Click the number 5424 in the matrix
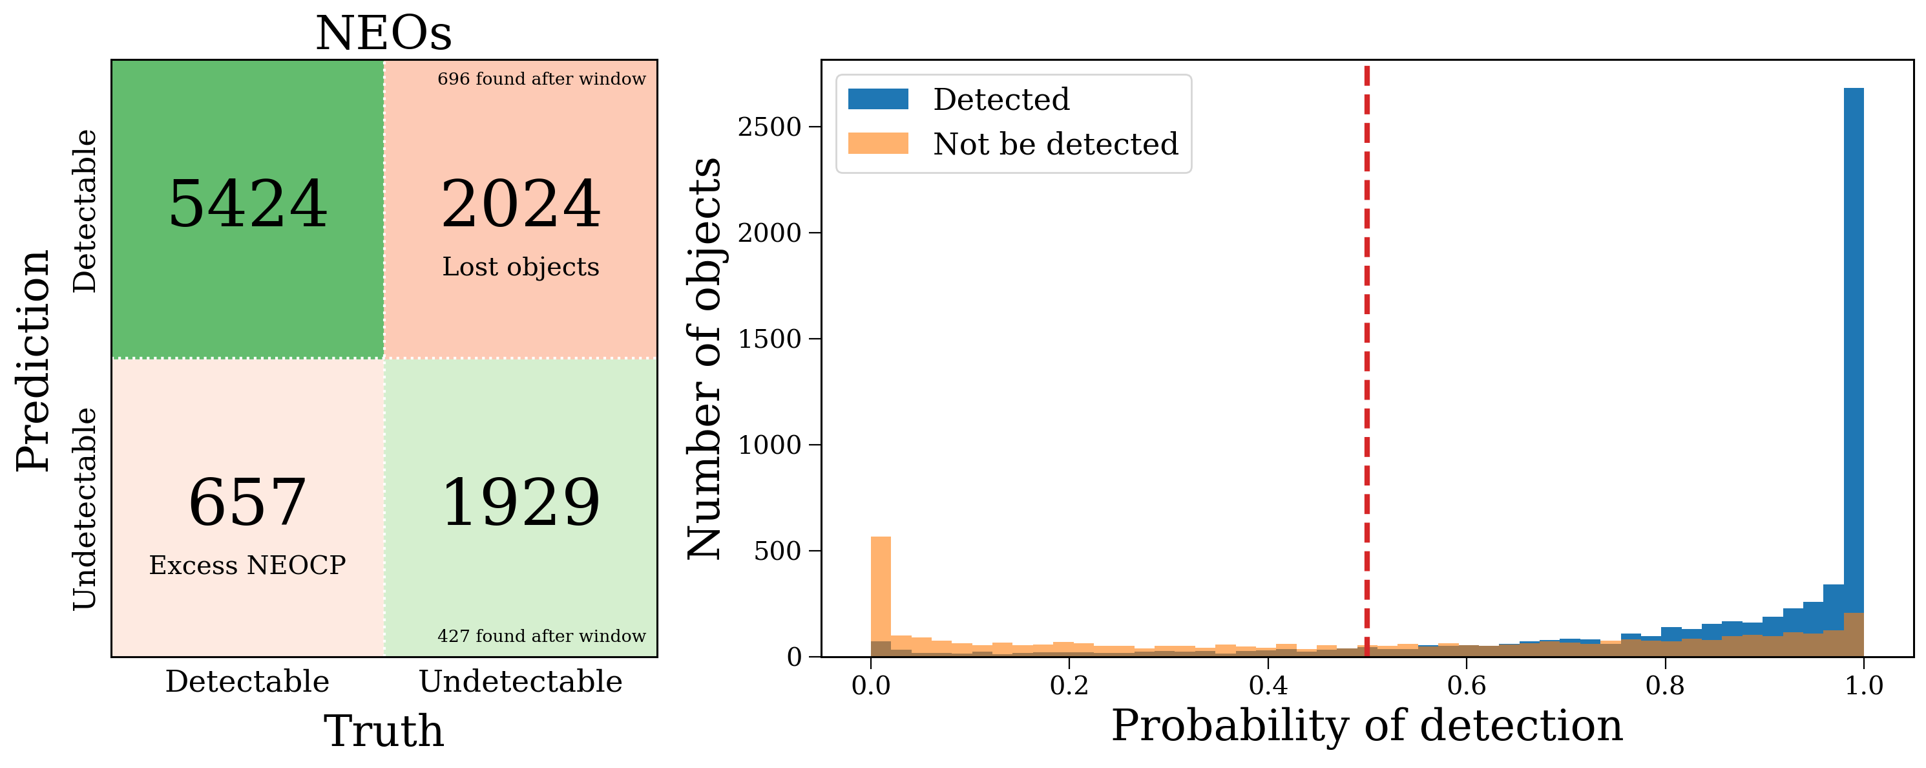pyautogui.click(x=247, y=204)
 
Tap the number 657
pyautogui.click(x=247, y=502)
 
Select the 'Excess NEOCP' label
pyautogui.click(x=247, y=566)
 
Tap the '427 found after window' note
pyautogui.click(x=541, y=636)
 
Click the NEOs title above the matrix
pyautogui.click(x=384, y=34)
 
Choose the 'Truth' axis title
pyautogui.click(x=384, y=731)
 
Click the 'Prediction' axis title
pyautogui.click(x=34, y=361)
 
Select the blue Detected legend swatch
pyautogui.click(x=878, y=100)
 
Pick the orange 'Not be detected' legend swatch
pyautogui.click(x=878, y=144)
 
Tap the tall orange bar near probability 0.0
pyautogui.click(x=881, y=591)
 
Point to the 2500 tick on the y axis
pyautogui.click(x=769, y=127)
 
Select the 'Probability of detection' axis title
pyautogui.click(x=1366, y=725)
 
